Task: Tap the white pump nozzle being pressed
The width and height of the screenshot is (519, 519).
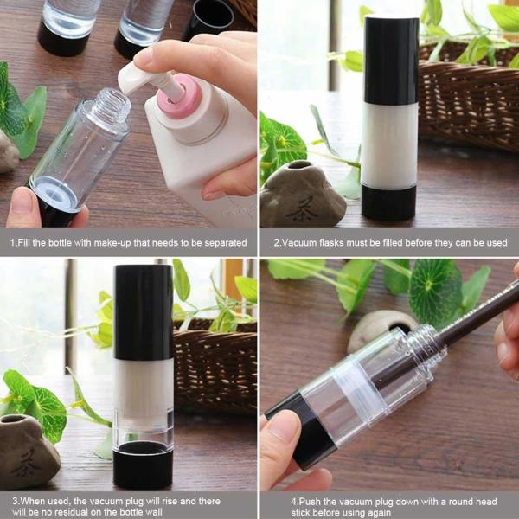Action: click(143, 78)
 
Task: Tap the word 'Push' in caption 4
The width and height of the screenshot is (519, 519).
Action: click(292, 501)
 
